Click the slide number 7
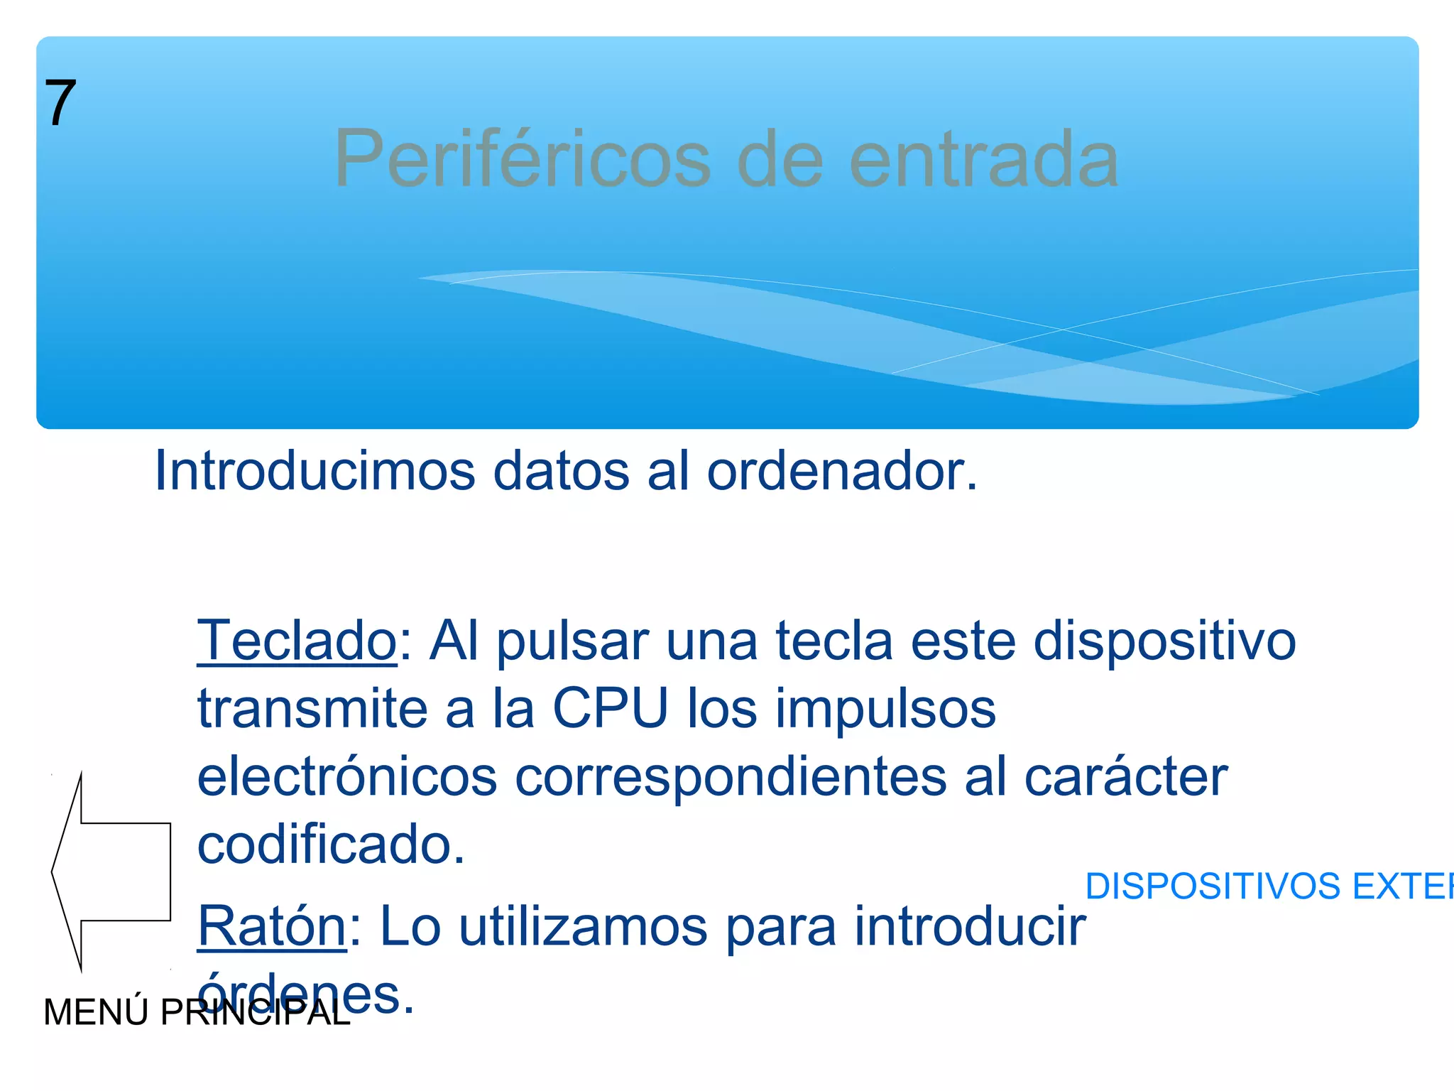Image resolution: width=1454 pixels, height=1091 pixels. click(60, 103)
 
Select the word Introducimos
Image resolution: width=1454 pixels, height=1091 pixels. click(315, 471)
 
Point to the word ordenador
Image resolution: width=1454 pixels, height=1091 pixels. click(841, 472)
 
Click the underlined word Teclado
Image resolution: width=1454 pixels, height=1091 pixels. click(297, 641)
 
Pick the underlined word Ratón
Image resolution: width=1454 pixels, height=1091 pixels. click(272, 926)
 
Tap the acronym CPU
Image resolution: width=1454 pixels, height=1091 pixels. click(611, 708)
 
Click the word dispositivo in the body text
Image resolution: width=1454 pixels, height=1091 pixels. click(1164, 642)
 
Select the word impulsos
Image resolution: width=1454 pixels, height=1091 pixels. click(885, 709)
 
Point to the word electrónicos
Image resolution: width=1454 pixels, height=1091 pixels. click(347, 776)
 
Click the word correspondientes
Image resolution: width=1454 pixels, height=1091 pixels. click(731, 778)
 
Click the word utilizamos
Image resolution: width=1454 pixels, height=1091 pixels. click(583, 926)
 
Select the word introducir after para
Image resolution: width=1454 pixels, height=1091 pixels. click(970, 926)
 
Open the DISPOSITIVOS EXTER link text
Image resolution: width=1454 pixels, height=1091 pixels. click(1268, 886)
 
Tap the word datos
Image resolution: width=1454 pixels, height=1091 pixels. click(561, 471)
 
